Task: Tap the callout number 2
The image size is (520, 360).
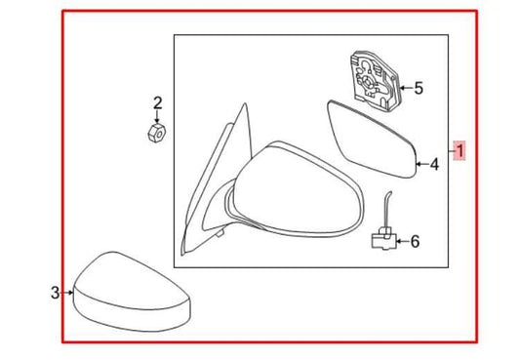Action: click(157, 102)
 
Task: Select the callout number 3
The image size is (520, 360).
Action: click(56, 292)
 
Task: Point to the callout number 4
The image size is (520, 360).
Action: click(434, 165)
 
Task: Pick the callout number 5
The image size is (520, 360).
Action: click(418, 89)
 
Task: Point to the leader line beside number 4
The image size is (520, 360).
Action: click(421, 165)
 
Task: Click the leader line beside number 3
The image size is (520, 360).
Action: click(68, 292)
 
